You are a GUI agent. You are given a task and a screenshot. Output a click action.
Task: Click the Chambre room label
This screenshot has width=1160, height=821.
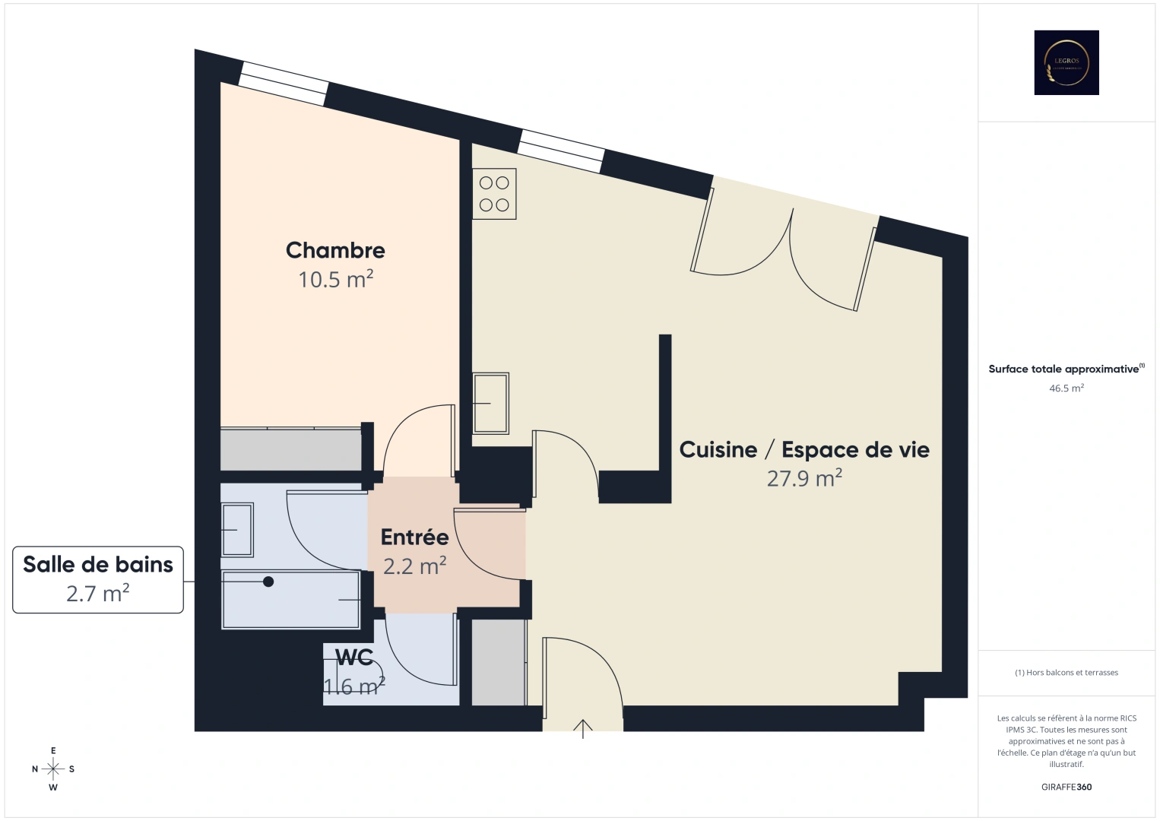tap(335, 250)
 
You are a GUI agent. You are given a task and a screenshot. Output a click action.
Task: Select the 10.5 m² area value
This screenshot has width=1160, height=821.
tap(335, 280)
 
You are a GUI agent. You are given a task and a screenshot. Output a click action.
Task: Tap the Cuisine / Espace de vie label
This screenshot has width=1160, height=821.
tap(803, 449)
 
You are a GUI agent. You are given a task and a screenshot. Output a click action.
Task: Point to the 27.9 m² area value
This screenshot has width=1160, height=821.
tap(803, 479)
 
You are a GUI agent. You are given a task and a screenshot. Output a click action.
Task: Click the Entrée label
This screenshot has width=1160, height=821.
tap(414, 537)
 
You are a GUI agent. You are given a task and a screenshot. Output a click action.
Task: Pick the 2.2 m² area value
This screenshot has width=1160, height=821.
tap(414, 566)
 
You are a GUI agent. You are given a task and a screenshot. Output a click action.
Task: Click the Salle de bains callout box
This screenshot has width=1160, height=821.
tap(98, 579)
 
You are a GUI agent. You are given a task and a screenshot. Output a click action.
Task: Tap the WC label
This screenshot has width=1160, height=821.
tap(354, 657)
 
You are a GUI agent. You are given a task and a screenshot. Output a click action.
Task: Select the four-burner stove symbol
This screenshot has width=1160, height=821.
tap(494, 194)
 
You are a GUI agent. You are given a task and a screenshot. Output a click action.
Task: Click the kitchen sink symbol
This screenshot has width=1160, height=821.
tap(490, 403)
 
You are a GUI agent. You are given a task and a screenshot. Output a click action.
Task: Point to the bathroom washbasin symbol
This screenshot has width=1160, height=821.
tap(236, 530)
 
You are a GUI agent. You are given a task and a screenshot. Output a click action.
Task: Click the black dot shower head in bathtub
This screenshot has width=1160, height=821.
tap(268, 582)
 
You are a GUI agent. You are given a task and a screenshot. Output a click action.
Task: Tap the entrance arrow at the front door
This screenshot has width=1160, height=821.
tap(582, 728)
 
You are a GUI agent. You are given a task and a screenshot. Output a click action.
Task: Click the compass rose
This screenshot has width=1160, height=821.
tap(53, 769)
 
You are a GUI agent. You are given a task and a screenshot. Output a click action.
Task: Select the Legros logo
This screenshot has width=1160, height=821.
tap(1066, 62)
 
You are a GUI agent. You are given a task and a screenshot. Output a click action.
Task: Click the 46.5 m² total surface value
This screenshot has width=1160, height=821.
tap(1066, 388)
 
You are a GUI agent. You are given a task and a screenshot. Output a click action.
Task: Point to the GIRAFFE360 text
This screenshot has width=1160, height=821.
tap(1066, 787)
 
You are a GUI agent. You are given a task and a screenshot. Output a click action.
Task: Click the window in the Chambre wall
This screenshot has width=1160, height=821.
tap(284, 84)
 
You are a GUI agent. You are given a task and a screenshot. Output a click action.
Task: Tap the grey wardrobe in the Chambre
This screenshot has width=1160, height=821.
tap(290, 450)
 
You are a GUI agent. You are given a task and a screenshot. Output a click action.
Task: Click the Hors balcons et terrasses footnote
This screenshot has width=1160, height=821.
tap(1066, 673)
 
